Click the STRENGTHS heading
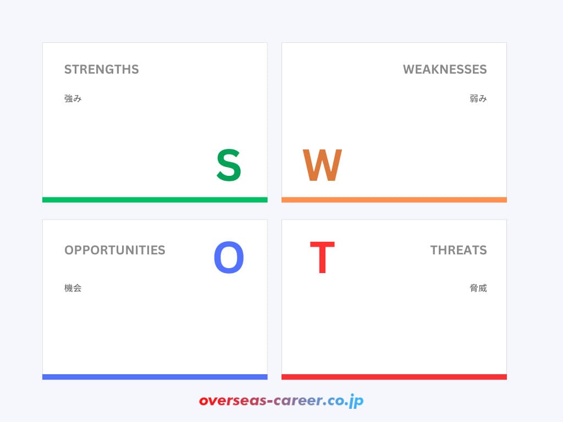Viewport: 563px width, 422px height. (x=101, y=70)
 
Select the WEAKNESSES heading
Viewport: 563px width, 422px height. (x=444, y=70)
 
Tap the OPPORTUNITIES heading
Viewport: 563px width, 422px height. (x=114, y=250)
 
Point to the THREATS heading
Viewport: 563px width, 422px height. (x=458, y=250)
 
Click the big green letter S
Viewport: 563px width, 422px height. (x=229, y=165)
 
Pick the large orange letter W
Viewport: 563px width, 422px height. (x=322, y=165)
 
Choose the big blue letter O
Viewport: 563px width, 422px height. (x=229, y=259)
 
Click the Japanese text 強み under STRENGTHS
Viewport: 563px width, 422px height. (x=73, y=99)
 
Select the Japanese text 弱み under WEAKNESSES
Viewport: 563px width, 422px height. (x=478, y=99)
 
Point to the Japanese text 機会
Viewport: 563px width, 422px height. (x=73, y=288)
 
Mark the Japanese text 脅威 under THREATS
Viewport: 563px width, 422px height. (x=478, y=288)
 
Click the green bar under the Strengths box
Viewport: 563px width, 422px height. (x=155, y=199)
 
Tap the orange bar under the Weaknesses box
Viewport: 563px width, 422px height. (x=394, y=199)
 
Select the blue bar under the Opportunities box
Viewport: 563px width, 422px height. (x=155, y=377)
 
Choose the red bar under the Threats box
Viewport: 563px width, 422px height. (x=394, y=377)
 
